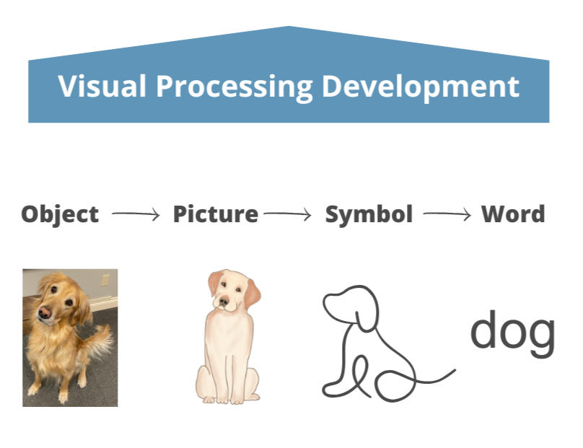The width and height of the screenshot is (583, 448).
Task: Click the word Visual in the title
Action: click(x=102, y=87)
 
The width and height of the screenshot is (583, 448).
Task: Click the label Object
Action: click(x=60, y=214)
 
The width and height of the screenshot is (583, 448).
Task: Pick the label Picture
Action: click(x=215, y=214)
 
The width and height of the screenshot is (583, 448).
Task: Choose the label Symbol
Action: click(x=369, y=214)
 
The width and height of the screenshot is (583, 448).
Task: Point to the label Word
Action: click(x=513, y=214)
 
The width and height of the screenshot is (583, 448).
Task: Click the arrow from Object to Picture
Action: click(x=135, y=214)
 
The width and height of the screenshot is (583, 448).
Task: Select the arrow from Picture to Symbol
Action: click(x=287, y=214)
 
